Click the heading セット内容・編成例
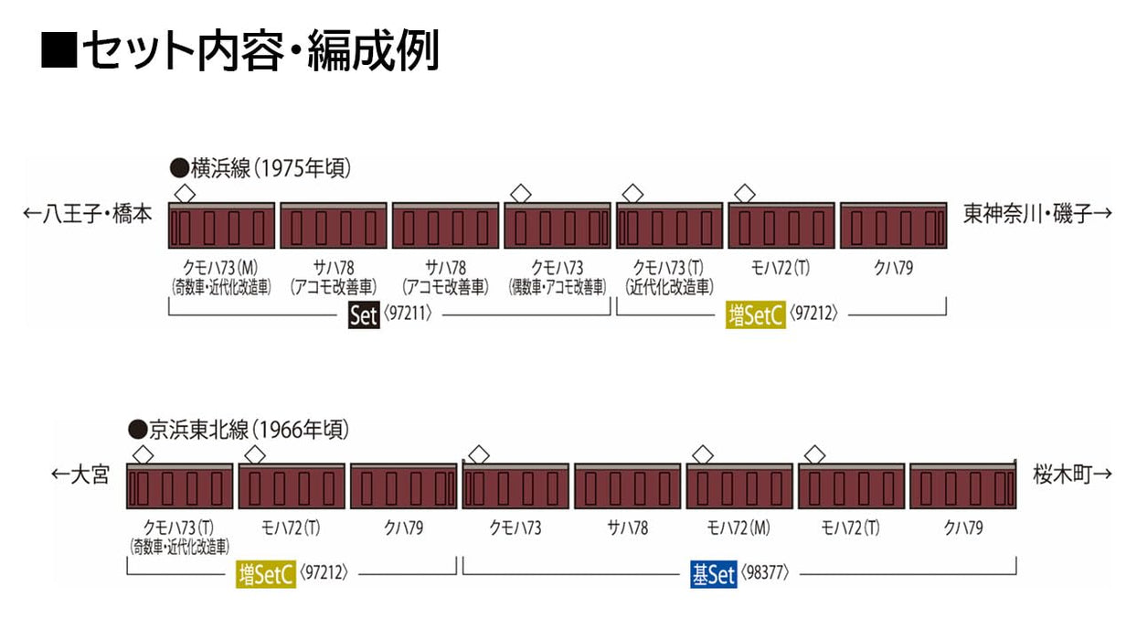(x=239, y=51)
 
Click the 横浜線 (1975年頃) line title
(x=260, y=169)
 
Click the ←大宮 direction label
(x=80, y=475)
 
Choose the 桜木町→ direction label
(x=1072, y=475)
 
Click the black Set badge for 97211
(x=363, y=315)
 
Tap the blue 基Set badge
(x=713, y=575)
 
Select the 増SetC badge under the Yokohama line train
(x=756, y=315)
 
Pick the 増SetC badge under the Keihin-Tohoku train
(x=266, y=575)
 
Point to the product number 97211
(x=405, y=315)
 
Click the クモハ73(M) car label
(x=222, y=269)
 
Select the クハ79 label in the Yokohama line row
(x=893, y=269)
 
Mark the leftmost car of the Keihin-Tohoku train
(x=179, y=485)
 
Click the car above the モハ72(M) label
(x=739, y=485)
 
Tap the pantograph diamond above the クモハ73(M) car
(x=185, y=193)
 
